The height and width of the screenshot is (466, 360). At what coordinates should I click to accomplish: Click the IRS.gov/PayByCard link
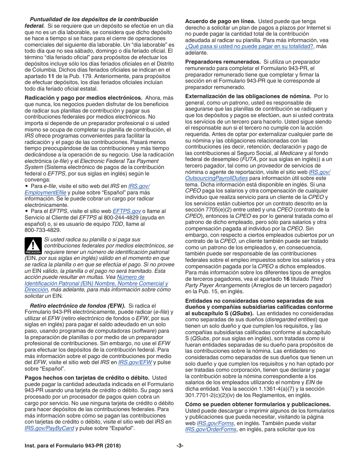click(x=49, y=428)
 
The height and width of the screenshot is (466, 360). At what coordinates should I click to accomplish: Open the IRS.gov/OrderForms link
click(x=210, y=429)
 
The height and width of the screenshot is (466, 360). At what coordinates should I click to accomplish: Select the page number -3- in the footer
click(x=180, y=446)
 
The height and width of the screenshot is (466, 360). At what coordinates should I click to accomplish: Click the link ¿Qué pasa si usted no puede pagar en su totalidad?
click(x=249, y=46)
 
